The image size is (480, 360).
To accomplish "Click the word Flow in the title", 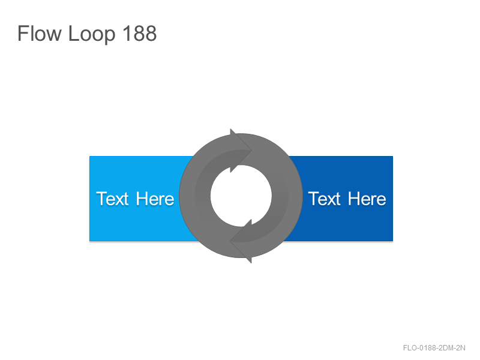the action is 40,33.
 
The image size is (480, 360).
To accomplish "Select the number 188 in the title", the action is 140,33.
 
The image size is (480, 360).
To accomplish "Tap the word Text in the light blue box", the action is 112,199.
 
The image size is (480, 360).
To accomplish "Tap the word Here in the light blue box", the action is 155,199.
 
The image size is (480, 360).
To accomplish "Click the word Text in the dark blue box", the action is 324,199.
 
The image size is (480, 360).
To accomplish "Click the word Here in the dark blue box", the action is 367,199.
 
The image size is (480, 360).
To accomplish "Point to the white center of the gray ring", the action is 241,196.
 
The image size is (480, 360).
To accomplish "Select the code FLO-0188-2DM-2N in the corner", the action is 434,348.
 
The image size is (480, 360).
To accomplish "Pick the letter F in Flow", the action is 23,33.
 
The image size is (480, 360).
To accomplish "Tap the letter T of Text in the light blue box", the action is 101,199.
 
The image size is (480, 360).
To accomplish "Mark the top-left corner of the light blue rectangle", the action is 89,156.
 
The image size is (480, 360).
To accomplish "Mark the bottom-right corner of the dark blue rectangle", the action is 393,241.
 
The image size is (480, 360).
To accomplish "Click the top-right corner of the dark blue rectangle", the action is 393,156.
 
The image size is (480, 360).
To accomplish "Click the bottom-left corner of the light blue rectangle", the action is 89,241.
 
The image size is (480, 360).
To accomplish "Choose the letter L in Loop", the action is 73,33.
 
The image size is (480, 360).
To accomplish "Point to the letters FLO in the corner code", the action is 410,348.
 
